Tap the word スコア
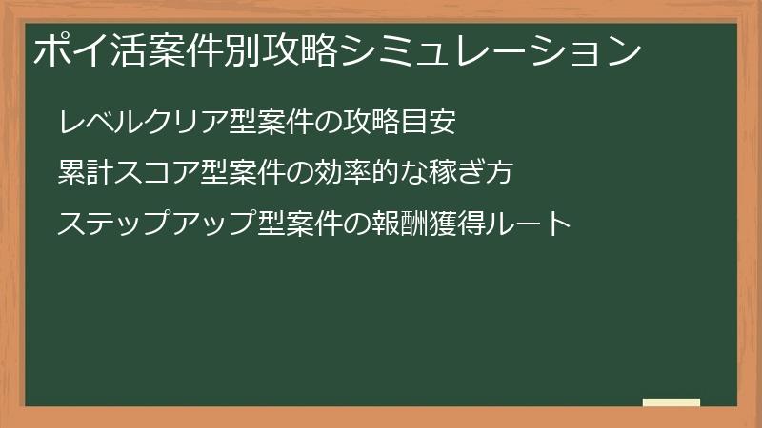point(159,173)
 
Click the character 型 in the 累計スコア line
point(216,173)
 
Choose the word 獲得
point(458,224)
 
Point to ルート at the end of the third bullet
point(531,224)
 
